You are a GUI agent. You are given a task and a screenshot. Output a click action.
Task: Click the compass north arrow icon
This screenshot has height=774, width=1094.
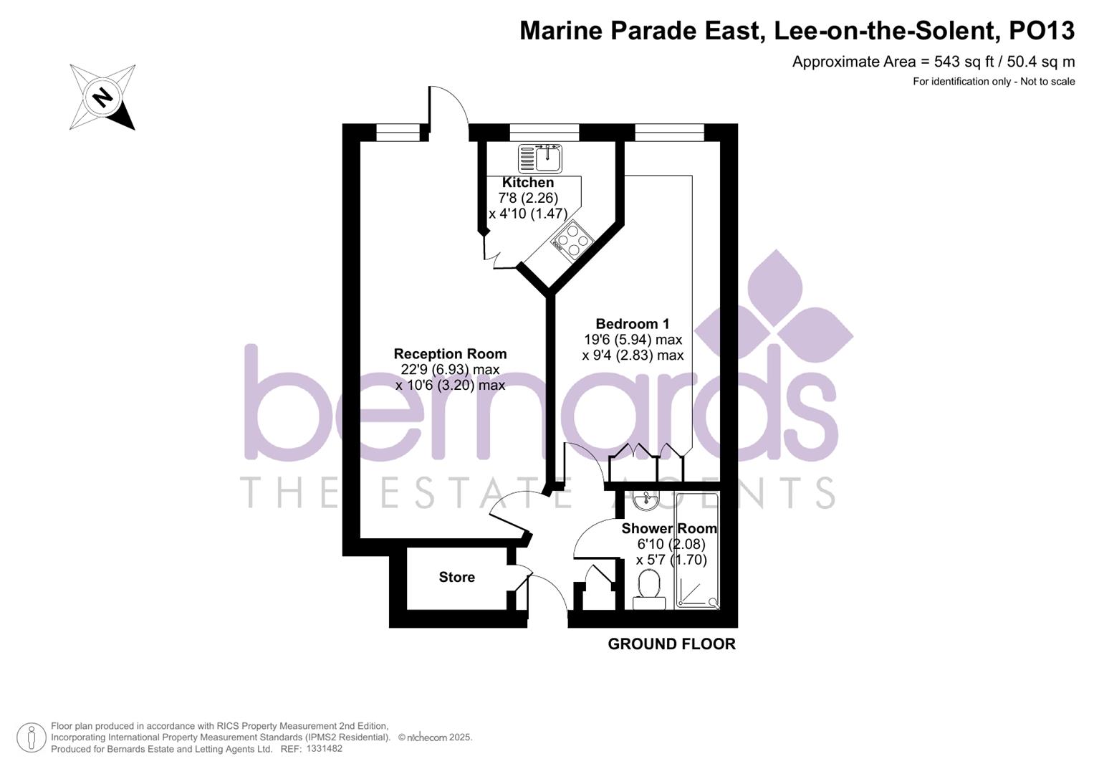tap(102, 97)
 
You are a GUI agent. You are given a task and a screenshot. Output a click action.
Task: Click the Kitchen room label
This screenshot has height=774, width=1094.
tap(527, 183)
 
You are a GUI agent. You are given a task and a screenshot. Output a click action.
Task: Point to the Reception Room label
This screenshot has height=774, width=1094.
tap(450, 353)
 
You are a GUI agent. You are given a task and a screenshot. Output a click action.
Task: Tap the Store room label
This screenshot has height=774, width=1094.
tap(456, 577)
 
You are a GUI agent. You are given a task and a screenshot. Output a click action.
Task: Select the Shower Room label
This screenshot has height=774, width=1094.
tap(668, 528)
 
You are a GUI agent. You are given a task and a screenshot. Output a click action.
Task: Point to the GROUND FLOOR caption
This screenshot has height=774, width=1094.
tap(671, 644)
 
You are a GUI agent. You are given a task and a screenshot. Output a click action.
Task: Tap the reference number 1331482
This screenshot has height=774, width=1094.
tap(324, 748)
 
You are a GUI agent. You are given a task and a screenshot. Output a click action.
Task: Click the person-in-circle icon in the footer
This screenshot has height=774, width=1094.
tap(32, 737)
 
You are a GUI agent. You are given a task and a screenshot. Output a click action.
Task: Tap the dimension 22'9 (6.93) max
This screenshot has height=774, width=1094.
tap(450, 369)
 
